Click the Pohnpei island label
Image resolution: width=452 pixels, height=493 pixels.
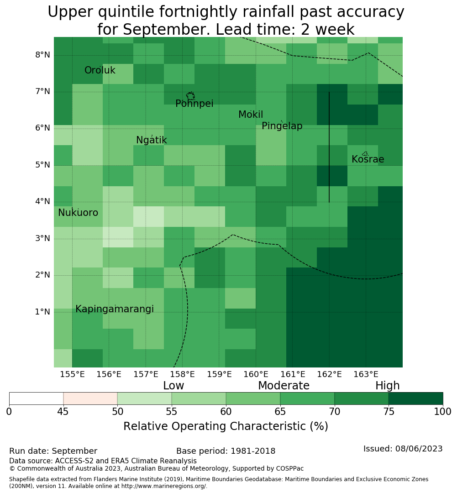194,104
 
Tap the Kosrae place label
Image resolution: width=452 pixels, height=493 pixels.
368,159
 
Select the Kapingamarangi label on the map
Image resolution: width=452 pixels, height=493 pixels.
115,309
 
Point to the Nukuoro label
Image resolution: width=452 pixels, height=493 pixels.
78,213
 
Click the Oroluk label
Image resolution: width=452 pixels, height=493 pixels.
100,70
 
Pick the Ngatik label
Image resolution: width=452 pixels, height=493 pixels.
151,140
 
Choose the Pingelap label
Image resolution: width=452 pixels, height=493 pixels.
282,126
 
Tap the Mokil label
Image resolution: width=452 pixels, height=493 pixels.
250,115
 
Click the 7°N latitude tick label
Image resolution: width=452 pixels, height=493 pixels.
42,91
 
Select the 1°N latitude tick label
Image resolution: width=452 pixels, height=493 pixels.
42,312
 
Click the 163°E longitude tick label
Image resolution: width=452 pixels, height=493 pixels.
366,374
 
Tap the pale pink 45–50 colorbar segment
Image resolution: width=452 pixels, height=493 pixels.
90,399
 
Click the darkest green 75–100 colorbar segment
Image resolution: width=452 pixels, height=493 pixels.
415,399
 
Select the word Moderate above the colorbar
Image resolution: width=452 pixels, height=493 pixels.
284,385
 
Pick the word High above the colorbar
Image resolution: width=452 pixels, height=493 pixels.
387,386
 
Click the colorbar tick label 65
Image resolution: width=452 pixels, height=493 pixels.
280,412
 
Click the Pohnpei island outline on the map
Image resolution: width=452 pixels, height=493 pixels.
190,96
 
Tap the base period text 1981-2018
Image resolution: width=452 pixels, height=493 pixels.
253,451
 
